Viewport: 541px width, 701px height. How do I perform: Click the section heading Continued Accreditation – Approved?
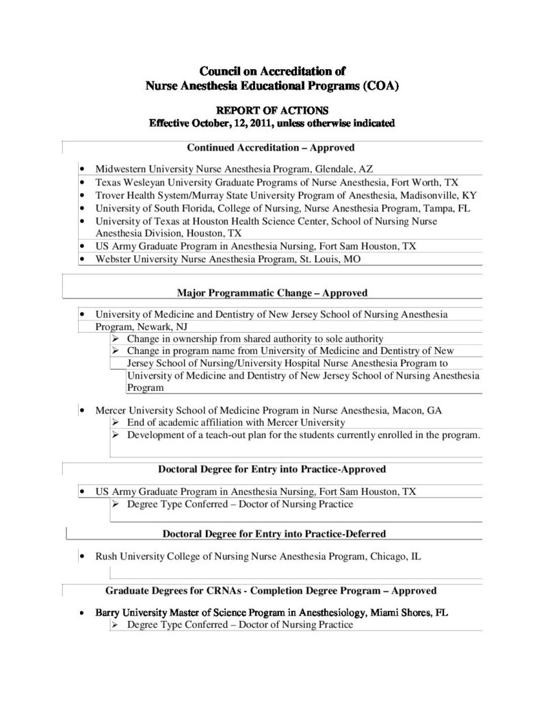tap(271, 147)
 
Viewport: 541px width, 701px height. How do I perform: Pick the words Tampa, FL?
tap(448, 208)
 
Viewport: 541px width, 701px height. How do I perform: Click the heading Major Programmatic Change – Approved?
tap(272, 293)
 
